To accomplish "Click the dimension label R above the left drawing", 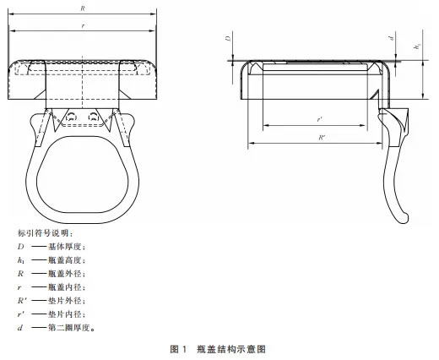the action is coord(83,8).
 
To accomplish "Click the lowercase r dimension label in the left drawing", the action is coord(83,26).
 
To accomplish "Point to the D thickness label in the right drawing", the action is coord(229,38).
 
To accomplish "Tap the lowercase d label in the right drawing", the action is coord(392,38).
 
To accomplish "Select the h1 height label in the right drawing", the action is coord(417,46).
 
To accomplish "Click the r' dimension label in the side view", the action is coord(319,119).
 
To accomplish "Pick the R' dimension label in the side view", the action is coord(322,138).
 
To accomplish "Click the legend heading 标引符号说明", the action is coord(45,233).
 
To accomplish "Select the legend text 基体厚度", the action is coord(66,247).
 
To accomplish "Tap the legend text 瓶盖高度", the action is coord(66,260).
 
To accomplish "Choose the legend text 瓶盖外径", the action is coord(66,274).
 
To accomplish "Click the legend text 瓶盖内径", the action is coord(66,287).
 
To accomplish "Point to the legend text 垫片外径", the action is coord(66,301).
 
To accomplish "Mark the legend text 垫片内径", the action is coord(66,314).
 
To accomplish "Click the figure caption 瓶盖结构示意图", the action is coord(231,349).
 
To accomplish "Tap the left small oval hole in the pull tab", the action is coord(71,116).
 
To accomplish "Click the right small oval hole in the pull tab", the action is coord(94,116).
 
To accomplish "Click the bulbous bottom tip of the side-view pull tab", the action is coord(404,218).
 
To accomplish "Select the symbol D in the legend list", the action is coord(20,247).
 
